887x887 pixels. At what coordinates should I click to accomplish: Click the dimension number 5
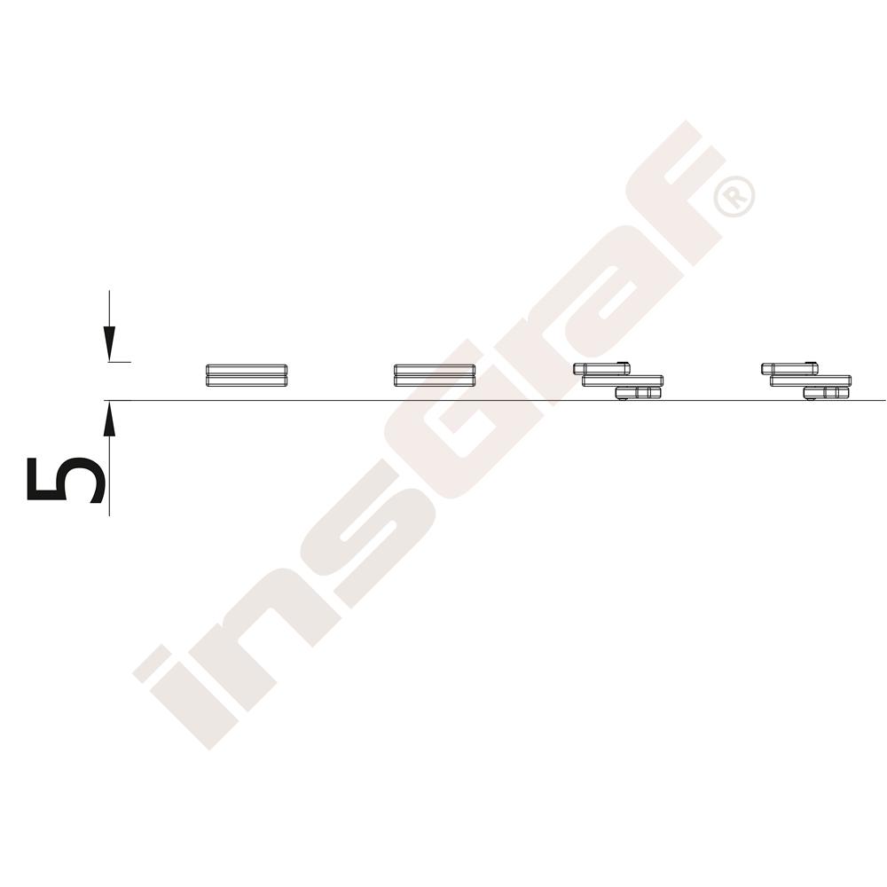(66, 479)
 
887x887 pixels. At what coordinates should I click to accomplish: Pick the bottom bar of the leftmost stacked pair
(247, 381)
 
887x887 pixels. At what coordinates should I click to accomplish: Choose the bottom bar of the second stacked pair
(435, 381)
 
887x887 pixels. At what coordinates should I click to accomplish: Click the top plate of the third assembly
(601, 369)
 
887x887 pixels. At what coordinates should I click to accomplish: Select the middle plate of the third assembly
(623, 381)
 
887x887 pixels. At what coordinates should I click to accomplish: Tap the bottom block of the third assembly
(638, 393)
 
